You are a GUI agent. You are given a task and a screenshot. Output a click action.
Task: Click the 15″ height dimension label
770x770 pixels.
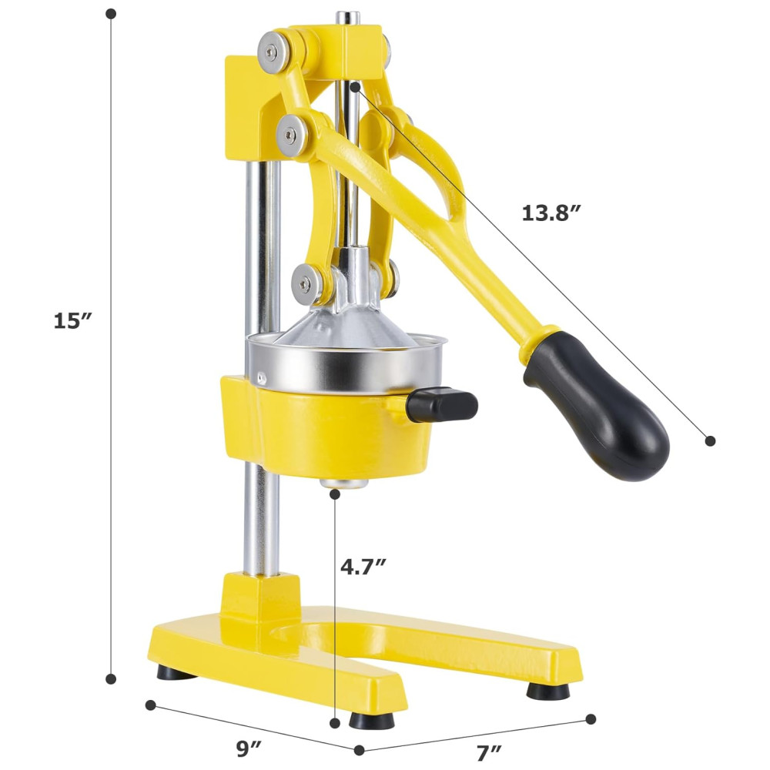click(x=72, y=321)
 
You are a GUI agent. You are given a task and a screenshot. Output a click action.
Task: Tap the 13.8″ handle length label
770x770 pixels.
click(x=551, y=213)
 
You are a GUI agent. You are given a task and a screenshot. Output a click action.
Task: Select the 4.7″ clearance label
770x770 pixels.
click(x=363, y=567)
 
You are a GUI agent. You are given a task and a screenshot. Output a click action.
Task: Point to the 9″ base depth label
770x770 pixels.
click(x=249, y=749)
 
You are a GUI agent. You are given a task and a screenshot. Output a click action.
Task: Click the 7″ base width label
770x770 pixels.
click(x=489, y=750)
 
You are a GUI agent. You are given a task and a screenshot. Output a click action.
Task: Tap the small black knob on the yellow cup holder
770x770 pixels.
click(x=441, y=404)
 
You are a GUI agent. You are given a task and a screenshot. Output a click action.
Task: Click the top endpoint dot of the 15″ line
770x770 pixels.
click(x=112, y=13)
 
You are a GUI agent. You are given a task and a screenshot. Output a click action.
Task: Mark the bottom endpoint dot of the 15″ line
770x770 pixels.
click(x=112, y=678)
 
